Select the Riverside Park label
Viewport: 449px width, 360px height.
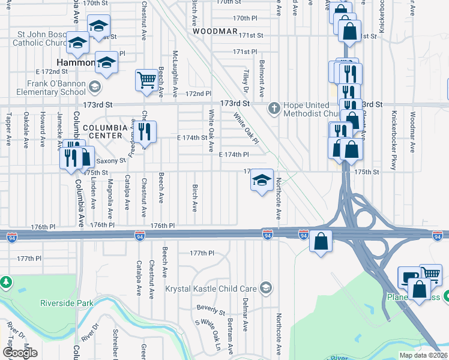click(x=67, y=303)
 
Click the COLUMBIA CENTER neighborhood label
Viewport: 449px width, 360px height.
click(x=105, y=132)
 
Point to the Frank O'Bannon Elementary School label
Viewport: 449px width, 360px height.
click(x=56, y=88)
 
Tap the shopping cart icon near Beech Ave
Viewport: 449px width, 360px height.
click(x=146, y=80)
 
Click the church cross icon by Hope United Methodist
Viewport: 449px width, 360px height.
click(x=274, y=109)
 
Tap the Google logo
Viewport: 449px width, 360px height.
click(x=20, y=353)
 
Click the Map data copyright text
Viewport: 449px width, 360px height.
click(x=423, y=355)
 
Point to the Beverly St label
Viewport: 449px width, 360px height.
click(x=210, y=311)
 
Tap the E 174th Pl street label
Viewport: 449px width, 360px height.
click(x=234, y=154)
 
